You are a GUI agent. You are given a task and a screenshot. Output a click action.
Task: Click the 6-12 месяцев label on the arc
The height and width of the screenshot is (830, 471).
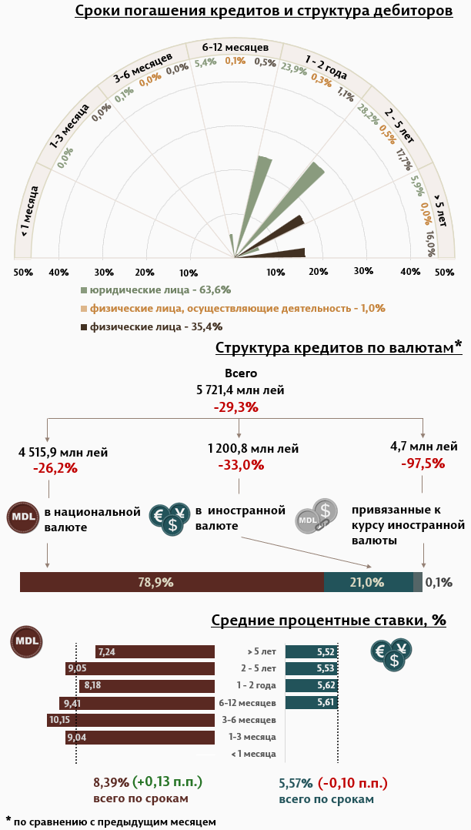click(235, 47)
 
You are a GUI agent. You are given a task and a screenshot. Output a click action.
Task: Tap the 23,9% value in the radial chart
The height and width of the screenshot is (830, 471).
click(293, 69)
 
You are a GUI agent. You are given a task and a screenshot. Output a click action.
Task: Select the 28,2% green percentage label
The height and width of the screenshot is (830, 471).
click(368, 114)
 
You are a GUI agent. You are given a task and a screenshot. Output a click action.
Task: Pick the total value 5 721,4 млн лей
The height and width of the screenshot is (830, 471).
click(240, 390)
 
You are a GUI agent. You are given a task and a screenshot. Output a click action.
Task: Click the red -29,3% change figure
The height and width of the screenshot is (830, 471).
click(235, 407)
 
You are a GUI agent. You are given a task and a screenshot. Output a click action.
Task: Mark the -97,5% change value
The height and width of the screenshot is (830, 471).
click(423, 463)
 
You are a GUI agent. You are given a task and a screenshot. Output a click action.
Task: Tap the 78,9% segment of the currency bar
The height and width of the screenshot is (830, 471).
click(172, 582)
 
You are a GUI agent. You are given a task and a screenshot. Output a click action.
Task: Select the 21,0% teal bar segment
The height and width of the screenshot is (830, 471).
click(368, 582)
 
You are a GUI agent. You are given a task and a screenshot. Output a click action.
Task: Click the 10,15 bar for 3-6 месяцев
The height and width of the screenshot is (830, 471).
click(131, 720)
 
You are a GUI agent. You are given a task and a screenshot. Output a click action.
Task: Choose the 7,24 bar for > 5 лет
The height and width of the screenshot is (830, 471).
click(155, 651)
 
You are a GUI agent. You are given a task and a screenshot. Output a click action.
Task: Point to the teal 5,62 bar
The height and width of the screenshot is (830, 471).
click(312, 685)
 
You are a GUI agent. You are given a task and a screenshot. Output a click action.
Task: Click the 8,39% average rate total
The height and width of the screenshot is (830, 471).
click(111, 782)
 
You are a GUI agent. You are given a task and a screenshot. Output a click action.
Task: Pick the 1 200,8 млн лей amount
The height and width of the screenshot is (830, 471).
click(253, 448)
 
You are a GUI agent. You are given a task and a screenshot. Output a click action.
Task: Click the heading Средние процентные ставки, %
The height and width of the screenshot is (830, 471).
click(329, 620)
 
